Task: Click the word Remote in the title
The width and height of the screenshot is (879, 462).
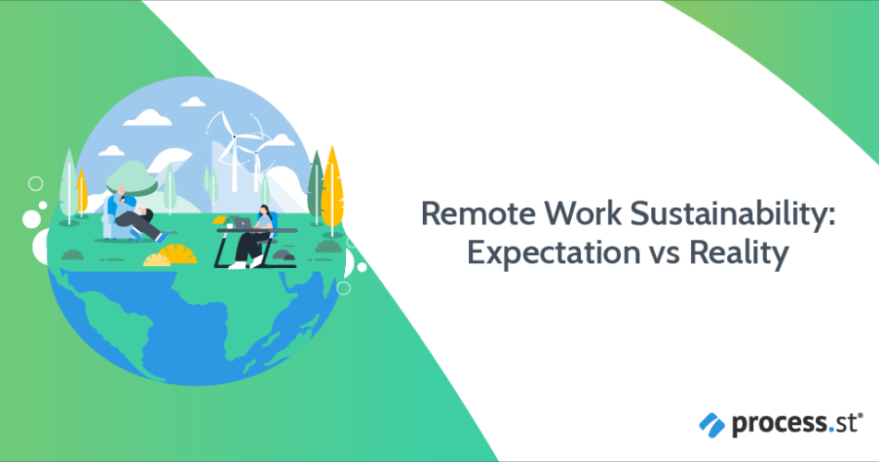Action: point(478,214)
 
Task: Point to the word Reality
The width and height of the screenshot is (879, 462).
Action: point(739,254)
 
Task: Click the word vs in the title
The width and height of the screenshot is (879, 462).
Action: point(665,255)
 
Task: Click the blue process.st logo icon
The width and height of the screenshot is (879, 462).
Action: point(712,425)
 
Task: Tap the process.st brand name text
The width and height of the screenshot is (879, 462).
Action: point(795,423)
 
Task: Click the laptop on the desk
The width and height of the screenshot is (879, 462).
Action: point(242,224)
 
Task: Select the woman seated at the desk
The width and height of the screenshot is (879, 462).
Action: point(255,237)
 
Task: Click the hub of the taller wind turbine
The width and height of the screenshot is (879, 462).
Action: point(234,137)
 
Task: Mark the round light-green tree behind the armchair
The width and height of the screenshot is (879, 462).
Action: point(131,178)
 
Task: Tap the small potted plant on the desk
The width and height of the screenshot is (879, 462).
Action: point(229,223)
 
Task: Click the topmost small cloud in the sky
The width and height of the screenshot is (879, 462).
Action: point(192,102)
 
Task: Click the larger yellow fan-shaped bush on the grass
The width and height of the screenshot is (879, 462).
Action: point(177,254)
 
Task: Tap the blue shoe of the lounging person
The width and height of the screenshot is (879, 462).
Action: point(162,237)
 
